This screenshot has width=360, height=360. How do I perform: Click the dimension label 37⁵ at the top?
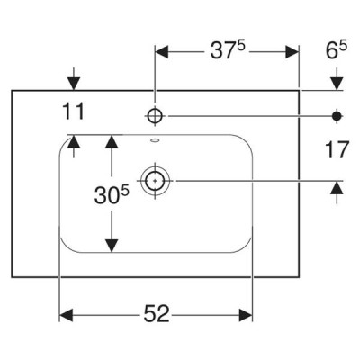tap(228, 49)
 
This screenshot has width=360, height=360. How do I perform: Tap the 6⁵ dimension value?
tap(337, 49)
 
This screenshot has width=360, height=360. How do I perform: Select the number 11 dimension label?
tap(74, 111)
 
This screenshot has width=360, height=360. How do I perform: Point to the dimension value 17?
tap(337, 149)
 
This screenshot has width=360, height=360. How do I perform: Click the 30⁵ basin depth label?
tap(112, 195)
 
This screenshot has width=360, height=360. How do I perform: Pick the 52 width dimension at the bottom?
tap(157, 314)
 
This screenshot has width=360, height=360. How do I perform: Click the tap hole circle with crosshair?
tap(155, 115)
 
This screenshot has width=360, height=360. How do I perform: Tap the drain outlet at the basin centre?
tap(155, 181)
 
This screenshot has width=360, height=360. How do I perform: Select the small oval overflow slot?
tap(155, 139)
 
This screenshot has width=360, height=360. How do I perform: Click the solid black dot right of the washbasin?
tap(337, 116)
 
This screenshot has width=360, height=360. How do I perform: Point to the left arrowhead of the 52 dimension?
tap(67, 315)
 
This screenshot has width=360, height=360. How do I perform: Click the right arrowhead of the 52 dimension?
tap(246, 315)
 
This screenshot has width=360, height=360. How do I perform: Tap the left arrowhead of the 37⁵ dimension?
tap(161, 52)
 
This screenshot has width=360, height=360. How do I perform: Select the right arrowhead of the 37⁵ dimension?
tap(292, 52)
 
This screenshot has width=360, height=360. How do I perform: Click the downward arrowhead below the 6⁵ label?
tap(337, 84)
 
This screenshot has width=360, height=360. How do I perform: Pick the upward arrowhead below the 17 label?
tap(337, 188)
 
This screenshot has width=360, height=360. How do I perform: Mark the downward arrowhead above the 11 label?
tap(74, 84)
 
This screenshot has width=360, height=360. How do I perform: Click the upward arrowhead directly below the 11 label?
tap(74, 141)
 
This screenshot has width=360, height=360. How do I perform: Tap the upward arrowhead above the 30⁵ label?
tap(112, 141)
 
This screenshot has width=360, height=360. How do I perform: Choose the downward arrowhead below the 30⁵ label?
tap(112, 246)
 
